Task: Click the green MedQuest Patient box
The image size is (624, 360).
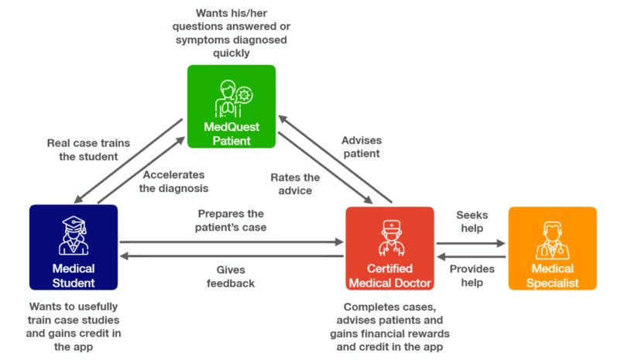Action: tap(231, 107)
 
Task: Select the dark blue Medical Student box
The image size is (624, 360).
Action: tap(73, 247)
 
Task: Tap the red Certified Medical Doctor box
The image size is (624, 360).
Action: tap(389, 248)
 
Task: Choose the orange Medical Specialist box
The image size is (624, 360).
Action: tap(552, 248)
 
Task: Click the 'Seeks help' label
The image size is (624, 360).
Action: tap(470, 221)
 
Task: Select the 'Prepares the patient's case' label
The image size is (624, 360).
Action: tap(231, 220)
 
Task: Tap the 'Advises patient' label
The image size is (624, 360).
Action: tap(361, 146)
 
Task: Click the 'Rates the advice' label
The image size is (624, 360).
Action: tap(295, 183)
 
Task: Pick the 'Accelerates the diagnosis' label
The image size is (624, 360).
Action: tap(173, 180)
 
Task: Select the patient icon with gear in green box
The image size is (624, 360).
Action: tap(232, 97)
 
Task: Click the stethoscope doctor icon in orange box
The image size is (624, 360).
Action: tap(552, 240)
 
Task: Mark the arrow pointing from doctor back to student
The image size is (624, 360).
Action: tap(231, 256)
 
